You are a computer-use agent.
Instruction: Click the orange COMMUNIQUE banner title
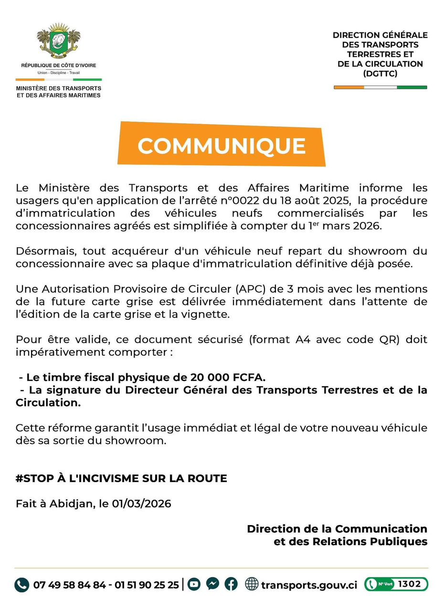click(x=221, y=145)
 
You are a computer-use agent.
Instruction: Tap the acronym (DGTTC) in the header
click(x=380, y=74)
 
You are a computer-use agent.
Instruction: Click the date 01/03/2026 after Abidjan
click(x=142, y=504)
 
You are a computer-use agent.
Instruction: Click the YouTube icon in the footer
click(x=194, y=584)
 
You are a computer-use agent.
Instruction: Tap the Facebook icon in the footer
click(x=231, y=584)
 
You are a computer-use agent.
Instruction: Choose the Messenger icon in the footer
click(x=213, y=584)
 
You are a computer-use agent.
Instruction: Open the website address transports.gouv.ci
click(x=309, y=585)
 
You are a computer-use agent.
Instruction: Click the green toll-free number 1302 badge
click(x=396, y=584)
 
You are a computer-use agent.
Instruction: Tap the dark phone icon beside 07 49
click(x=21, y=585)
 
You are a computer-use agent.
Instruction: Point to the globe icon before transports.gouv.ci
click(x=252, y=584)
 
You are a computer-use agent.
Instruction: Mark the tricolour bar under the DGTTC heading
click(x=380, y=87)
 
